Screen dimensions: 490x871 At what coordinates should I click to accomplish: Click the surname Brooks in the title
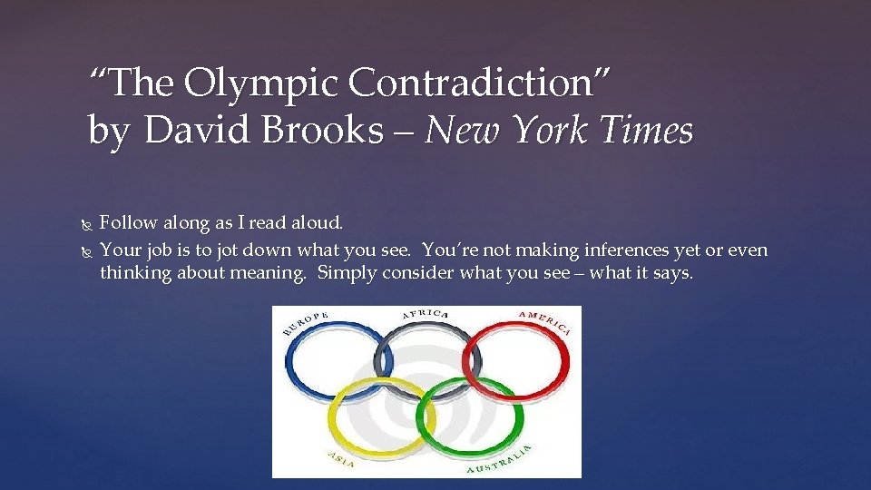(335, 131)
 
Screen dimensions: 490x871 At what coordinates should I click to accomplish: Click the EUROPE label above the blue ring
(305, 324)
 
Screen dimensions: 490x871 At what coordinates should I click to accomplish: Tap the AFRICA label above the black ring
(426, 314)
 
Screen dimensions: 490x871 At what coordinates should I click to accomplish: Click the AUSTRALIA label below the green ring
(500, 460)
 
